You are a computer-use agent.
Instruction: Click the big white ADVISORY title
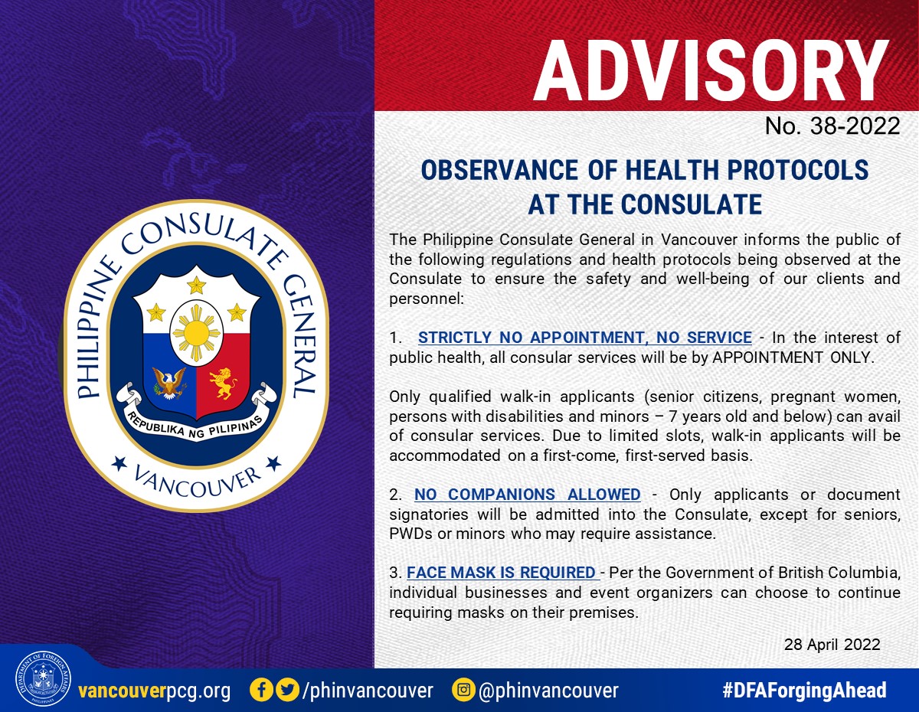point(711,70)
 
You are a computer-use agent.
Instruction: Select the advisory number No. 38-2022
point(832,126)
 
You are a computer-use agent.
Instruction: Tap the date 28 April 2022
point(832,645)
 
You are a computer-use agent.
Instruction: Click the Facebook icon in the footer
point(261,690)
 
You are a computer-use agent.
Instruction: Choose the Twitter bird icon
point(288,690)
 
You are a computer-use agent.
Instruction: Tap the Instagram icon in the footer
point(463,690)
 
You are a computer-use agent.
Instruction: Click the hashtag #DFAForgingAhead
point(804,690)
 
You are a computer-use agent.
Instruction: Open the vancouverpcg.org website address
point(155,691)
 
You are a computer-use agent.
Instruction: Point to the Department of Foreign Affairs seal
point(43,678)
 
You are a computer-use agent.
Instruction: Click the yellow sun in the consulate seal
point(196,334)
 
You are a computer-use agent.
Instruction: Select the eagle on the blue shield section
point(169,382)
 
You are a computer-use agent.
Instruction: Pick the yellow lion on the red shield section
point(223,383)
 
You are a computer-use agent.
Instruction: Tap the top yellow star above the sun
point(197,286)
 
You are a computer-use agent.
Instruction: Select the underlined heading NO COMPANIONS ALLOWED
point(528,495)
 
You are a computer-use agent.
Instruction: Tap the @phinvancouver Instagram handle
point(548,691)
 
